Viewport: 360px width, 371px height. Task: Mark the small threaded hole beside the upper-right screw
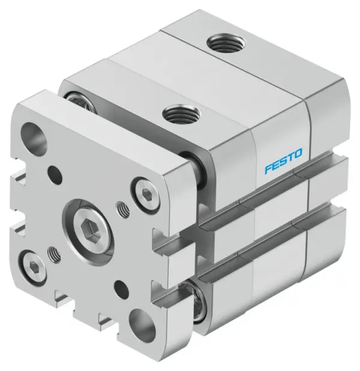coord(123,209)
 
